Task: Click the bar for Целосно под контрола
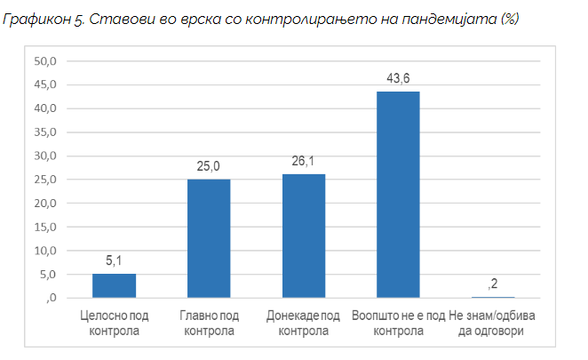click(x=114, y=285)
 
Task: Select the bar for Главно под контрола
click(x=209, y=238)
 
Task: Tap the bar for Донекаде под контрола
click(x=304, y=236)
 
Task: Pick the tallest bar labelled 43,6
click(x=398, y=195)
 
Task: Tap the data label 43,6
click(x=398, y=79)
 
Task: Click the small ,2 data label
click(x=494, y=284)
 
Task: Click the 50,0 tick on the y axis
click(x=44, y=61)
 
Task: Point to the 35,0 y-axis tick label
click(x=44, y=132)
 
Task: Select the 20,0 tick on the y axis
click(x=44, y=204)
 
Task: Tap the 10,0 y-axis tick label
click(x=44, y=251)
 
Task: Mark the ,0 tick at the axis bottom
click(x=50, y=298)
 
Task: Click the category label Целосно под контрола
click(x=114, y=324)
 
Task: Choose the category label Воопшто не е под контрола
click(x=398, y=324)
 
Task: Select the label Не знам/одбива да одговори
click(x=494, y=324)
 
